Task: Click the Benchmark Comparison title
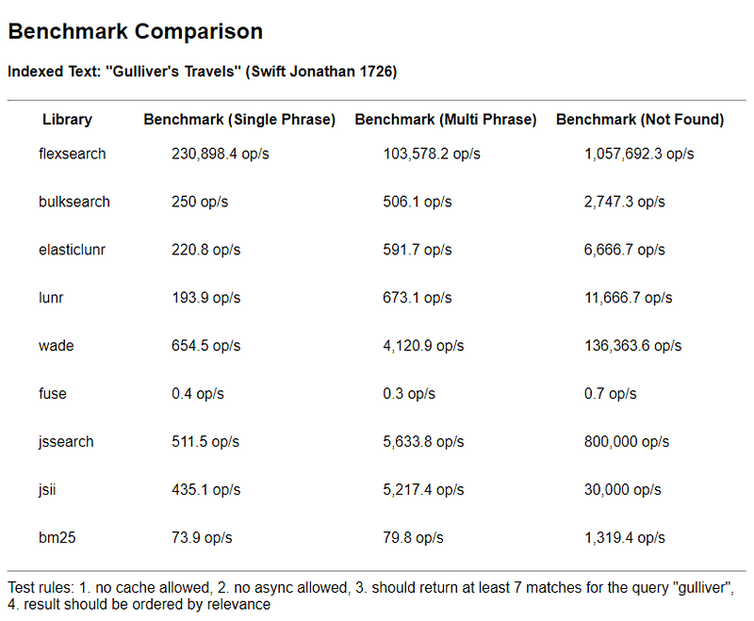(x=135, y=32)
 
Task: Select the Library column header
(x=67, y=120)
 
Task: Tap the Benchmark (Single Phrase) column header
(x=239, y=120)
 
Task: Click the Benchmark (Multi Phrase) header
(x=446, y=120)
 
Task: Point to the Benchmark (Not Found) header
(x=640, y=120)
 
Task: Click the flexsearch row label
(x=73, y=154)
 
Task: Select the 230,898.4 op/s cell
(x=221, y=154)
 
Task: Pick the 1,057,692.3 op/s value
(x=639, y=154)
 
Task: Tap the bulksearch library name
(x=74, y=202)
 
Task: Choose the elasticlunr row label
(x=74, y=250)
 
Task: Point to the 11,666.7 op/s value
(x=629, y=298)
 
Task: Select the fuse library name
(x=53, y=394)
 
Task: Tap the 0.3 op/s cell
(x=410, y=394)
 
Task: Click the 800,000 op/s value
(x=627, y=442)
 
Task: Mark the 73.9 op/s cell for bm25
(x=202, y=538)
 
